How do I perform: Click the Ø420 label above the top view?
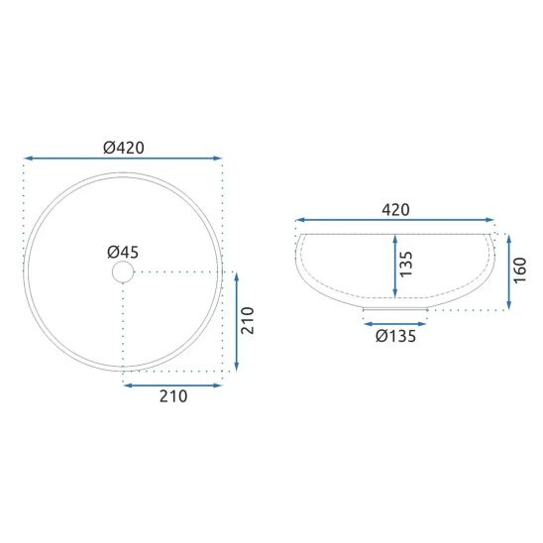[x=124, y=148]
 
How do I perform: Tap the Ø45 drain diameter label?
[x=123, y=252]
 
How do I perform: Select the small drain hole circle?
[x=123, y=271]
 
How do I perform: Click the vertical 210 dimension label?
[x=248, y=321]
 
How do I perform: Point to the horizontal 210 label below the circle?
[x=173, y=396]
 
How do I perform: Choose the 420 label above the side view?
[x=395, y=210]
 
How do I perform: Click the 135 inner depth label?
[x=406, y=265]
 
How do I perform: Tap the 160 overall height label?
[x=520, y=271]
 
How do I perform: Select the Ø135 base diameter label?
[x=395, y=336]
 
